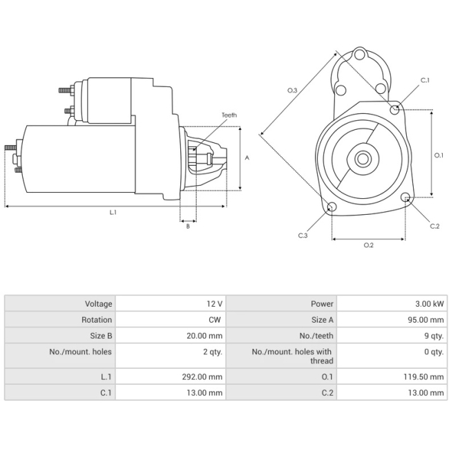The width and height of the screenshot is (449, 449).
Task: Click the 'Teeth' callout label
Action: point(229,115)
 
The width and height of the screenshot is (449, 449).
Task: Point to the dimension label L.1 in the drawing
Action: point(113,213)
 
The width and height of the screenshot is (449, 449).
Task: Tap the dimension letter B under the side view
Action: point(188,227)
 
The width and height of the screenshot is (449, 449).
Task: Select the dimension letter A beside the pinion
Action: point(247,158)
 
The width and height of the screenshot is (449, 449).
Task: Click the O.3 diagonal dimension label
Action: point(292,90)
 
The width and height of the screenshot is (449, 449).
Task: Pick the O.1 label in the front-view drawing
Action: point(438,155)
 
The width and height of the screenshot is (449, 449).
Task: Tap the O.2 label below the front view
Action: point(369,245)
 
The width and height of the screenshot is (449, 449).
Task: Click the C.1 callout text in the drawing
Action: point(426,81)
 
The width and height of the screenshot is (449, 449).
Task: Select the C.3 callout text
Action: point(303,236)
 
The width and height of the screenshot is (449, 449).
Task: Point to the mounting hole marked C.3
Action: point(332,207)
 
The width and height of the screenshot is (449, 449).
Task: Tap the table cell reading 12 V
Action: point(215,304)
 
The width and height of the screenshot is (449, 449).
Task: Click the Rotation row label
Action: point(97,320)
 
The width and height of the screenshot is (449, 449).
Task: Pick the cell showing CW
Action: point(216,320)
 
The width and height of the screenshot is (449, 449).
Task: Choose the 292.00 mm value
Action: point(205,376)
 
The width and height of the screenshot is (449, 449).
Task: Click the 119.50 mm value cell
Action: point(426,376)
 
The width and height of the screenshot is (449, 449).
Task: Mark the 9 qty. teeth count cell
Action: point(433,336)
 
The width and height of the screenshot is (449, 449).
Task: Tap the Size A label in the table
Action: point(323,320)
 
